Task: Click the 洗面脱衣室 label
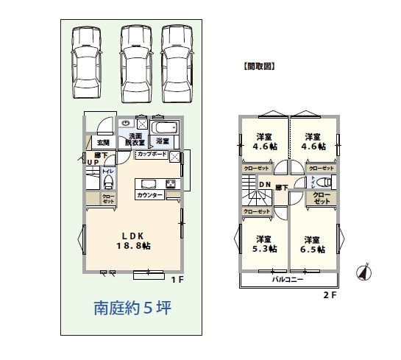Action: pos(136,140)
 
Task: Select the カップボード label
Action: pos(149,155)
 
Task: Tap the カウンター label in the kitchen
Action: pos(149,196)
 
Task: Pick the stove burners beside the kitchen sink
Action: pos(170,183)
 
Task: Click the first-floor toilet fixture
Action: pos(107,180)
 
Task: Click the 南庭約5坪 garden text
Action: pos(132,308)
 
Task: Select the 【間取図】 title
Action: pos(258,66)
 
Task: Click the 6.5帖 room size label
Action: pos(312,249)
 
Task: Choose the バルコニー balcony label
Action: pos(288,280)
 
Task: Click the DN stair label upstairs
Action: pos(264,184)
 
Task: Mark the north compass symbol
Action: pos(362,272)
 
